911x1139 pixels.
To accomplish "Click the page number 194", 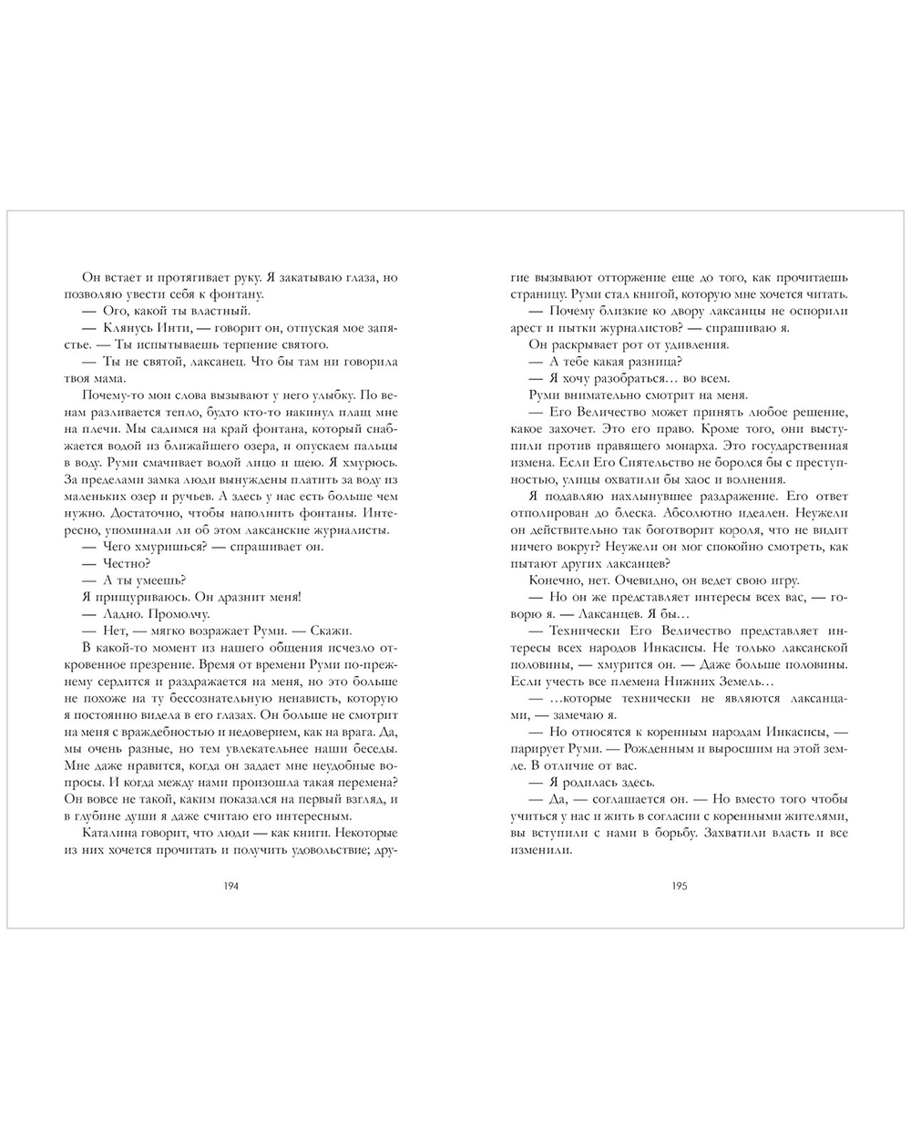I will [x=230, y=883].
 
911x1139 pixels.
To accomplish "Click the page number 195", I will [x=679, y=883].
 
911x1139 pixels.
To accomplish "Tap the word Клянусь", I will [x=130, y=327].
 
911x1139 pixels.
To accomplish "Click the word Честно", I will [x=127, y=563].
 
